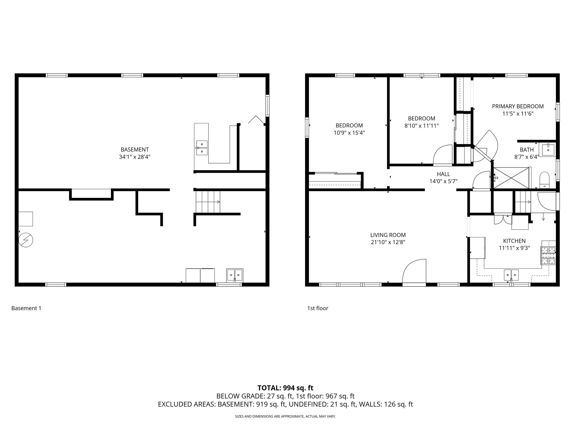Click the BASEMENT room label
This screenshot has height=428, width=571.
click(135, 150)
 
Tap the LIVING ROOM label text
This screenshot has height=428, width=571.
click(388, 235)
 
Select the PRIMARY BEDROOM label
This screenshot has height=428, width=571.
click(517, 106)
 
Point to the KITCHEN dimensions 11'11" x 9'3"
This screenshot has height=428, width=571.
click(514, 248)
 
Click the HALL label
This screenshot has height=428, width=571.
click(443, 174)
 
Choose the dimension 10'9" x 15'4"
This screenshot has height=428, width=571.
click(349, 133)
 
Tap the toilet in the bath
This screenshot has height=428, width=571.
click(544, 180)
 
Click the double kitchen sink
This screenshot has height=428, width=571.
click(511, 275)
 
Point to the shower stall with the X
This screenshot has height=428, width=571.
click(511, 178)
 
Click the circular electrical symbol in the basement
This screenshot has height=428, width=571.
click(26, 240)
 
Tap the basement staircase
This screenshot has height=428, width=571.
click(208, 202)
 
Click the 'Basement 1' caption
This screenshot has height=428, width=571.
click(26, 308)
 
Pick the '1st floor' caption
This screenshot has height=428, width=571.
click(318, 308)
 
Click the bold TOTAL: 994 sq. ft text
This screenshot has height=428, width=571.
click(285, 388)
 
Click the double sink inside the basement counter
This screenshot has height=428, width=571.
click(202, 148)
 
